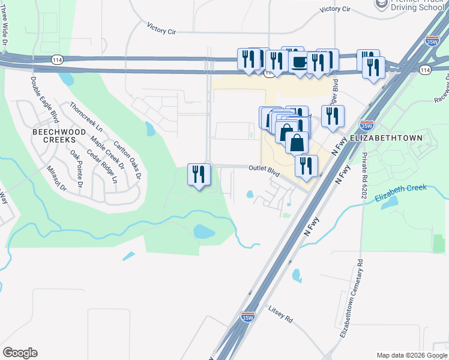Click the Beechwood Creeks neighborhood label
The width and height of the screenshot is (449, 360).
tap(54, 135)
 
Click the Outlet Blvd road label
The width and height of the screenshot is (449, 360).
tap(265, 170)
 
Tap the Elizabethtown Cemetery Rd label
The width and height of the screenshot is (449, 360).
tap(352, 298)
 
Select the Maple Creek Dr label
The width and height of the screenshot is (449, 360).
tap(107, 152)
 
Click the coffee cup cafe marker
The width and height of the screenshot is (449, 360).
tap(298, 61)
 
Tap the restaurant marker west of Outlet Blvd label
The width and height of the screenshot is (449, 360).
tap(199, 174)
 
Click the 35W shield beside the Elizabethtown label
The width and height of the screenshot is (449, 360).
tap(367, 126)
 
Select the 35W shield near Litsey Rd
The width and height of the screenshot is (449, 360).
tap(247, 317)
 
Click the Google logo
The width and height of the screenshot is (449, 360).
tap(20, 353)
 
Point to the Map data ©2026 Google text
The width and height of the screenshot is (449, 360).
tap(411, 355)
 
